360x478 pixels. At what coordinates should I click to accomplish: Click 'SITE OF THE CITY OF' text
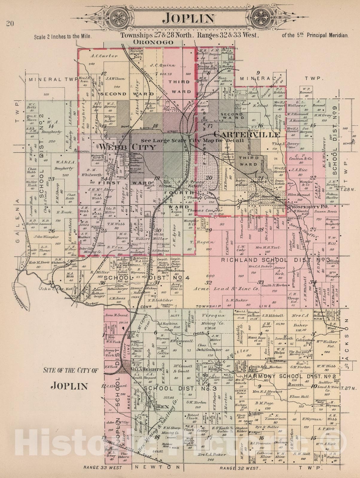pos(71,371)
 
